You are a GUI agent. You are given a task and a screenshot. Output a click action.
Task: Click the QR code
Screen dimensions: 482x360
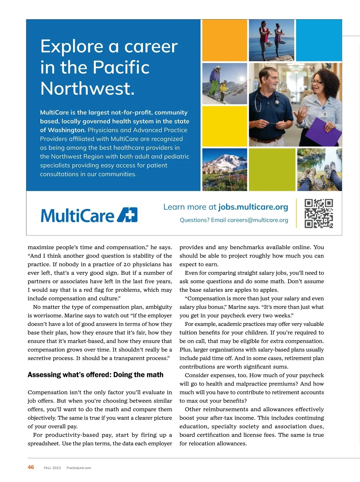pos(319,213)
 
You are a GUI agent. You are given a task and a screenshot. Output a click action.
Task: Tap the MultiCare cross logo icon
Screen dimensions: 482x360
pos(127,215)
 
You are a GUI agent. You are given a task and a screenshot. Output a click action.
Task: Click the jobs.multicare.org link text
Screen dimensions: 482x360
pos(253,207)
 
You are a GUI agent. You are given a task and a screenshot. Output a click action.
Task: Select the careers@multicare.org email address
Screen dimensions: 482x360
pos(258,220)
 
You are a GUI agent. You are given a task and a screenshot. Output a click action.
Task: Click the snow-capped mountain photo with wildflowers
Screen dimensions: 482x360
pos(225,170)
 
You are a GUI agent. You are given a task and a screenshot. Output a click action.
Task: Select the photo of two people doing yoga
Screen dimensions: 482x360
pos(271,40)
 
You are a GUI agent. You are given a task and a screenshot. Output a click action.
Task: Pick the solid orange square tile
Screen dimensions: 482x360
pos(225,40)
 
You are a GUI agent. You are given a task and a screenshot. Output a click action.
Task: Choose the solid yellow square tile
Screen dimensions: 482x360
pos(225,126)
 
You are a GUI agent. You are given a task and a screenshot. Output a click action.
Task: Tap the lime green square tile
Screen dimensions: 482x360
pos(272,170)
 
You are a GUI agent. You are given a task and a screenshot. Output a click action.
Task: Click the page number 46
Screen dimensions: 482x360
pos(31,467)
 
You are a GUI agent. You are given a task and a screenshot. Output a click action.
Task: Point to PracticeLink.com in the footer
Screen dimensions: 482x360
pos(79,468)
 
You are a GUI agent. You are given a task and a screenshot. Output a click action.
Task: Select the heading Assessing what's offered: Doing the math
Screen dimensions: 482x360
pos(95,375)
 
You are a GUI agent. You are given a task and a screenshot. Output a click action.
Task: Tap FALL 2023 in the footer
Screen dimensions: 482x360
pos(52,468)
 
